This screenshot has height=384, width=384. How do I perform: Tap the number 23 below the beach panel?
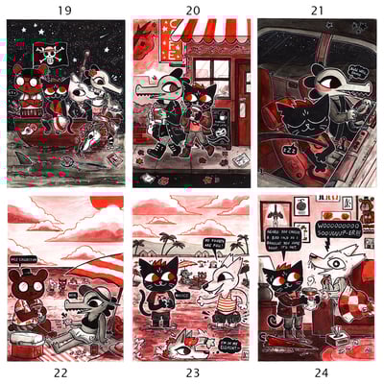pos(191,375)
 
